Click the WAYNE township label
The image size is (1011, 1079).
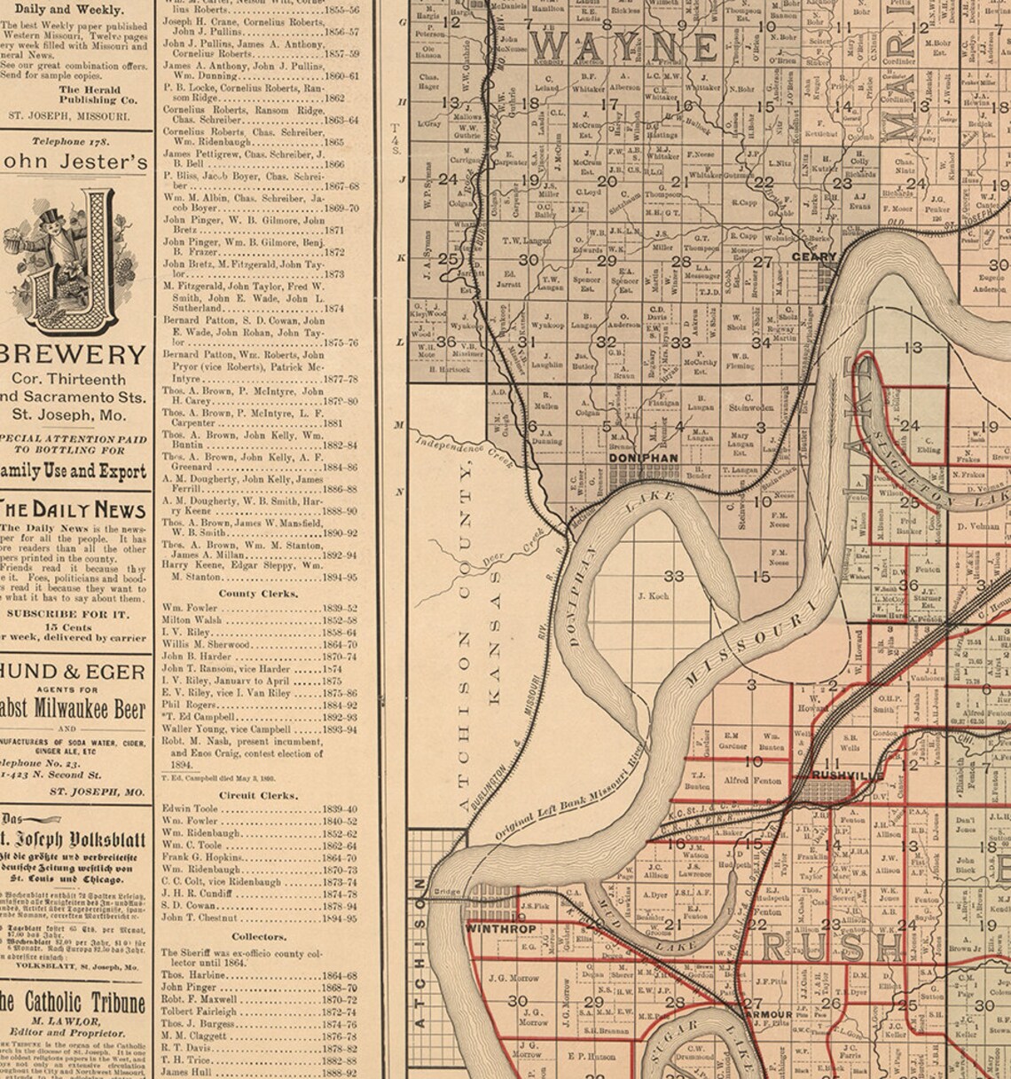(627, 46)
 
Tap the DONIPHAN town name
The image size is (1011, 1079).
(645, 458)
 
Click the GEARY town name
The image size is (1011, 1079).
(814, 257)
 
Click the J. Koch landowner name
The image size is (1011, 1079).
(653, 596)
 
